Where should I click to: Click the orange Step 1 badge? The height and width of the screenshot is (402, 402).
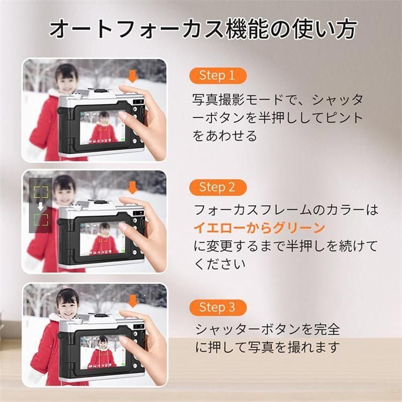click(218, 76)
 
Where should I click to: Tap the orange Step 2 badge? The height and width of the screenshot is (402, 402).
click(218, 188)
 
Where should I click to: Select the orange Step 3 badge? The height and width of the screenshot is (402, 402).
click(218, 307)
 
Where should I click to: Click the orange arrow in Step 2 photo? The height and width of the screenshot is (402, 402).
click(132, 187)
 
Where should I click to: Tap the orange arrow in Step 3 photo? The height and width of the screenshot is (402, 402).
click(132, 301)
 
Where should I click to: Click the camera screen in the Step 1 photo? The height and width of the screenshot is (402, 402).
click(102, 127)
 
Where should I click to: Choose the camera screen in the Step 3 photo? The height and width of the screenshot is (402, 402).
click(102, 351)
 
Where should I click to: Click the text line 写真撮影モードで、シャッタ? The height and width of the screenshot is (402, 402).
click(278, 100)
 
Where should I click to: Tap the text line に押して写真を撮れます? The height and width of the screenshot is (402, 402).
click(267, 347)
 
